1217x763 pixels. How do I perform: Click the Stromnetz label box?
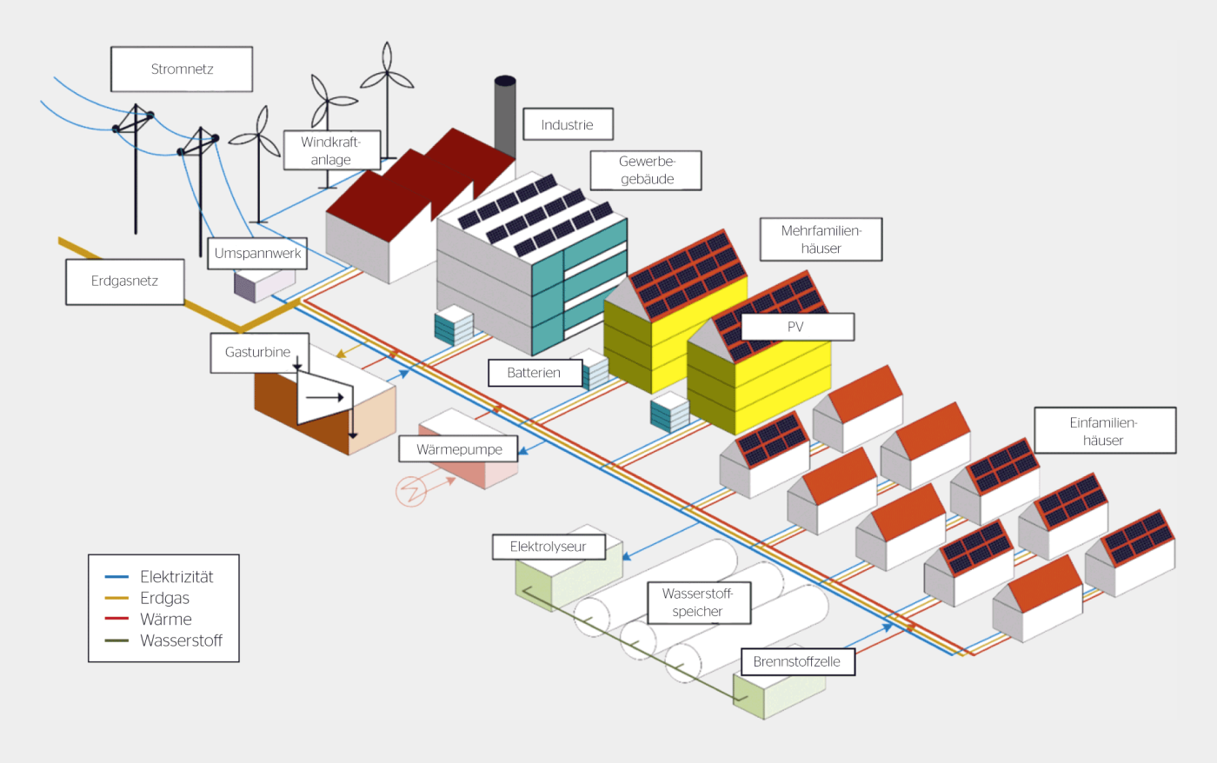point(182,69)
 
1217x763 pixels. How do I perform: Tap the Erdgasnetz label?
point(125,282)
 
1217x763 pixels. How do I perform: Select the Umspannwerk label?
point(257,253)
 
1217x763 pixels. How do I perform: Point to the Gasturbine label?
point(259,353)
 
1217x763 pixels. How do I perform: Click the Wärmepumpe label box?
point(459,449)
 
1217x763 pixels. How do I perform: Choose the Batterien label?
point(535,373)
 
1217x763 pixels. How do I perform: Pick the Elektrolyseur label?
point(549,547)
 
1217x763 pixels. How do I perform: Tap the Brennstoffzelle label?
point(798,661)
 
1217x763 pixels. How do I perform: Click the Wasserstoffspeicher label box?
point(699,603)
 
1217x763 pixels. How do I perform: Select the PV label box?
point(797,327)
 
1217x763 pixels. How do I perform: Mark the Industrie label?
point(568,124)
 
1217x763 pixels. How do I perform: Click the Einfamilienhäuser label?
point(1105,431)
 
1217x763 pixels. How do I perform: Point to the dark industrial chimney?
point(505,116)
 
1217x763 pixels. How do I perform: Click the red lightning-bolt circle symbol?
point(410,492)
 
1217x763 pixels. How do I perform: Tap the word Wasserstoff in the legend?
point(181,640)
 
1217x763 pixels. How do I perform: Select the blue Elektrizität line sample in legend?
point(116,577)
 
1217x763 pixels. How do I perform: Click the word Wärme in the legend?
point(166,619)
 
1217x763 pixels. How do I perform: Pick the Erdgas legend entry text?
point(164,598)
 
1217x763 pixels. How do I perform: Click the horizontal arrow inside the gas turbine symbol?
point(325,397)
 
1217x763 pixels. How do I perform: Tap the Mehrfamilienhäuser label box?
point(821,240)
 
